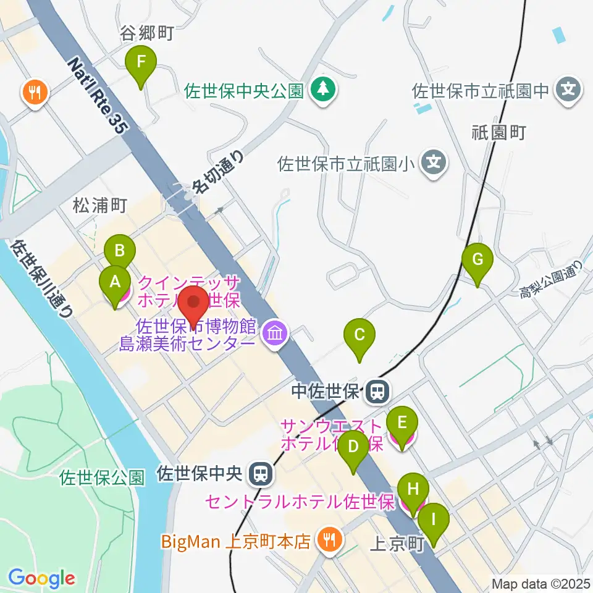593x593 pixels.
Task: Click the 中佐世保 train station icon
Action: [x=375, y=391]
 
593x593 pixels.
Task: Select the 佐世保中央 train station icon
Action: [x=261, y=474]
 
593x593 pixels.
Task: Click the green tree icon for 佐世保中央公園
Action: [x=322, y=91]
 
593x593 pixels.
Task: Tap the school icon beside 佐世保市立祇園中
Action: [x=569, y=91]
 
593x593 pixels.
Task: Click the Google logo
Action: [x=41, y=578]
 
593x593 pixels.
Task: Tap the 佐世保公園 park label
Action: [x=103, y=477]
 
